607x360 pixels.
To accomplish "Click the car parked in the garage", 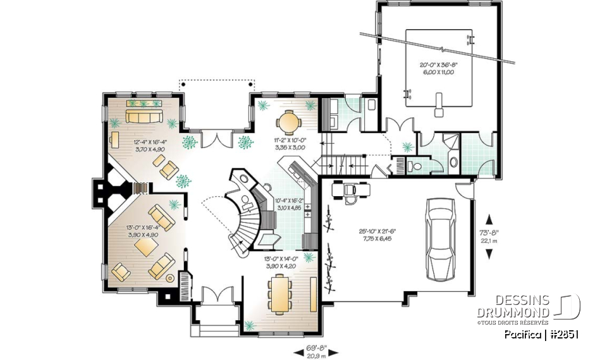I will (x=442, y=239).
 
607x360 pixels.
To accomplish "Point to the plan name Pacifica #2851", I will (x=541, y=333).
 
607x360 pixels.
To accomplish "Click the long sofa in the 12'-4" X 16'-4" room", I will (x=144, y=116).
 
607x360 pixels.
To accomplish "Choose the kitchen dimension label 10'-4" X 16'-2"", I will (x=290, y=204).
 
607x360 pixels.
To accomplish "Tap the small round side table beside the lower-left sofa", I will (x=169, y=276).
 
